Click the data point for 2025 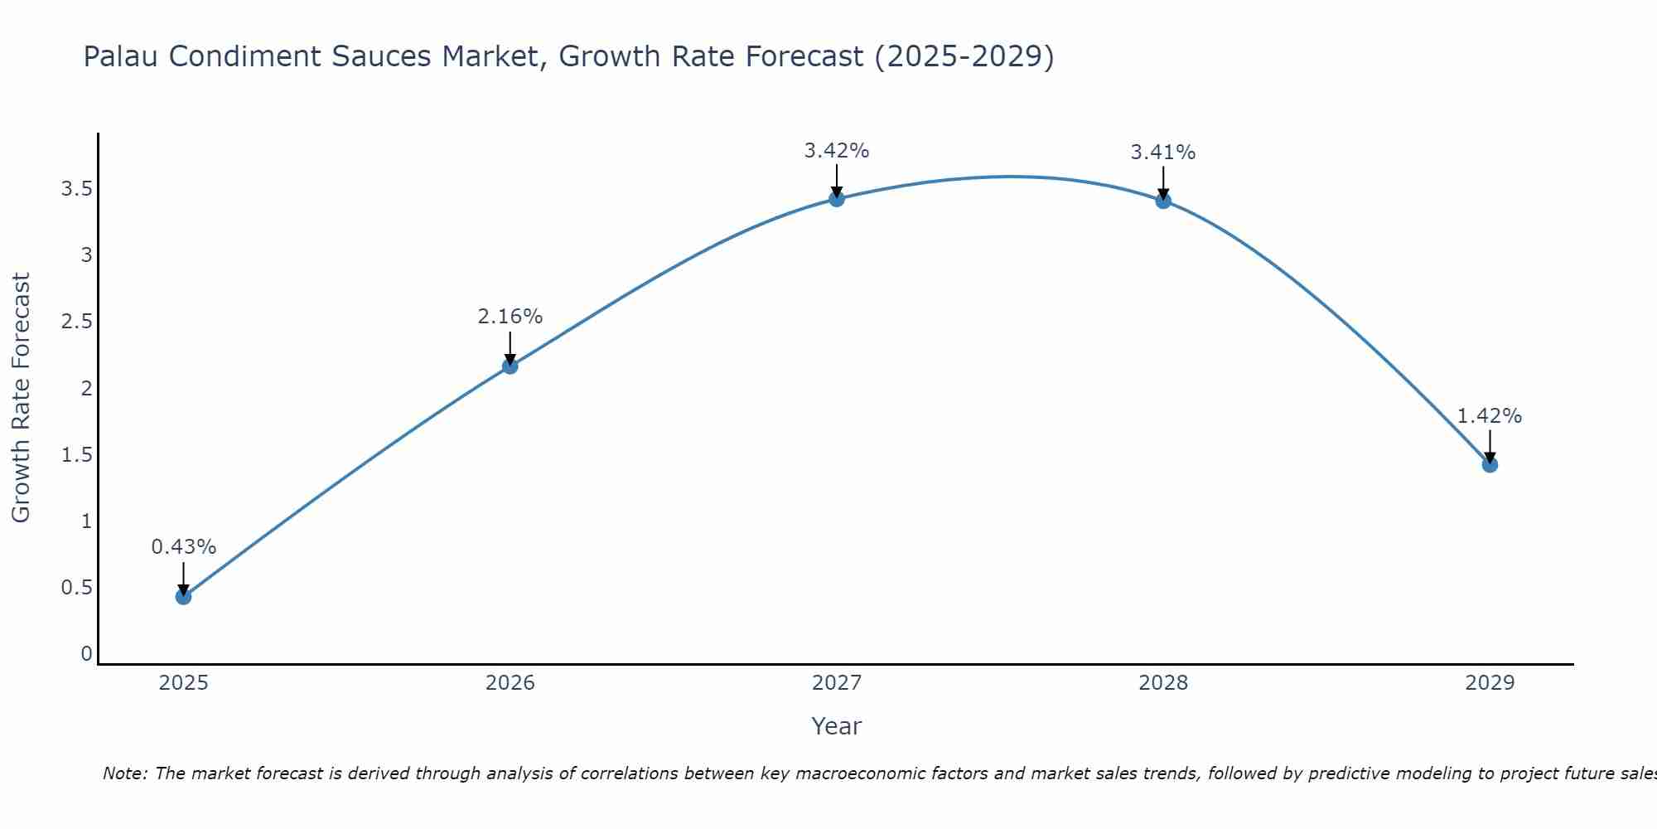click(x=184, y=596)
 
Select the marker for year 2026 click(x=510, y=366)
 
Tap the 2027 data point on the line click(x=837, y=198)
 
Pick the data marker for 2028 click(x=1163, y=200)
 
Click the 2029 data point click(x=1490, y=464)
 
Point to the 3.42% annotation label click(x=837, y=151)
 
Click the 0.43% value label click(x=184, y=547)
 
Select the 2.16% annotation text click(x=510, y=317)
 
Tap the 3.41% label click(x=1163, y=153)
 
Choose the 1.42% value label click(x=1490, y=416)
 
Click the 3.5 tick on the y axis click(x=76, y=189)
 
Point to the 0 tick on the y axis click(x=86, y=654)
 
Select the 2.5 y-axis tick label click(x=76, y=322)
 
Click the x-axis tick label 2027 click(x=837, y=683)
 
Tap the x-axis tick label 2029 click(x=1490, y=683)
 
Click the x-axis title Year click(x=837, y=726)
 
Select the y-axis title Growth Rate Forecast click(x=21, y=398)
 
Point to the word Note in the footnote click(x=124, y=773)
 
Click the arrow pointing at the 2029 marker click(x=1490, y=446)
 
